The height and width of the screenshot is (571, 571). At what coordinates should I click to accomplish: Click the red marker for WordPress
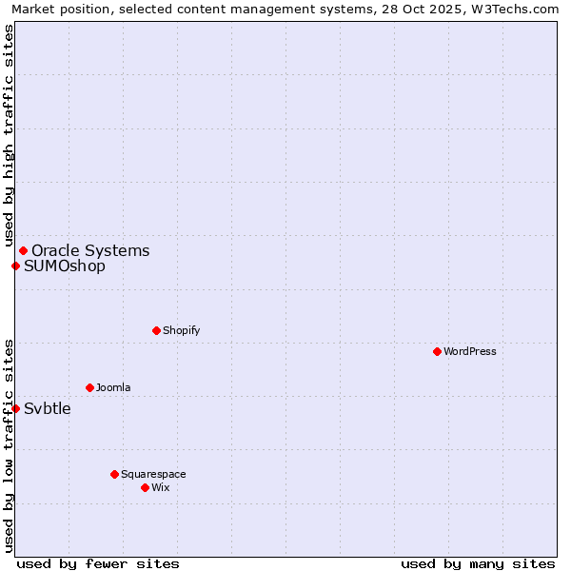(437, 351)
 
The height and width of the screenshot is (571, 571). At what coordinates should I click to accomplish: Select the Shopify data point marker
(156, 330)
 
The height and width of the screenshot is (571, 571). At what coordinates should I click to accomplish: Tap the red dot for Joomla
(89, 387)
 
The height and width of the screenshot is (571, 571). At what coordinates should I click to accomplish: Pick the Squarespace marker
(114, 474)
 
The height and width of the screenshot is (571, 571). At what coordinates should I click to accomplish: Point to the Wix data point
(145, 487)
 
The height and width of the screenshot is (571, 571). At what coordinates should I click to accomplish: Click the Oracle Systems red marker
(23, 250)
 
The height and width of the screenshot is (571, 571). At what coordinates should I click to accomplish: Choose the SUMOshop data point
(15, 266)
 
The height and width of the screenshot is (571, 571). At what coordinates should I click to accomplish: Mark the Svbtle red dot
(15, 408)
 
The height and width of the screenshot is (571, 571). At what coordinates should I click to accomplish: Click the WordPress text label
(470, 351)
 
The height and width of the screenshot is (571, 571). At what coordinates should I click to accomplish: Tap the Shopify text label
(181, 330)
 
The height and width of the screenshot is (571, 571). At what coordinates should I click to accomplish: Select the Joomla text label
(113, 387)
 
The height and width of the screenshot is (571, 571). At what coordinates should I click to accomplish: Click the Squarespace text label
(153, 474)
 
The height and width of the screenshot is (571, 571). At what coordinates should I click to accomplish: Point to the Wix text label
(160, 487)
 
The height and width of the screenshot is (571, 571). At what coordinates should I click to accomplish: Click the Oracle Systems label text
(90, 250)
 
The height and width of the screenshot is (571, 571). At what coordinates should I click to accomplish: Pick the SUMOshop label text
(65, 266)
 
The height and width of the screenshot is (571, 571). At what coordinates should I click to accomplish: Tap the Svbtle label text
(48, 408)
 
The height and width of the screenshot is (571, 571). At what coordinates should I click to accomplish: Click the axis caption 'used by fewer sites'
(98, 563)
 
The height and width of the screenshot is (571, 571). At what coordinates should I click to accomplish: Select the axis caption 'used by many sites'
(478, 563)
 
